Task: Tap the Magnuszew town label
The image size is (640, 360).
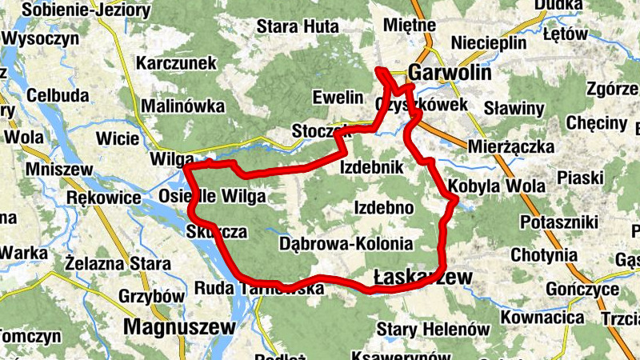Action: point(180,326)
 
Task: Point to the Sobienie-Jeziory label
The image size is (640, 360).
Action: point(86,10)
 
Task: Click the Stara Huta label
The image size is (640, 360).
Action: point(298,26)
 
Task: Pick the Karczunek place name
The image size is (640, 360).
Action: point(177,62)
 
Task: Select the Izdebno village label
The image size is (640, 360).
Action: point(382,208)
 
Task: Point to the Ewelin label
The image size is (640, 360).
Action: point(338,98)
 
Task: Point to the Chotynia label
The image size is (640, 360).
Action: point(545,256)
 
